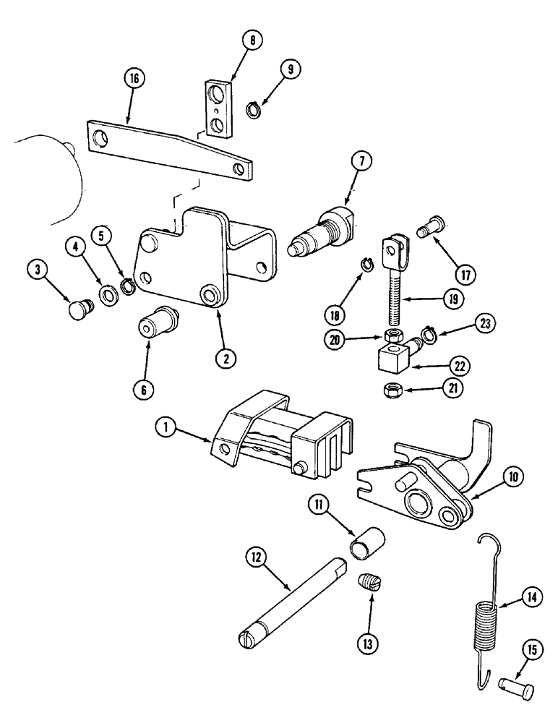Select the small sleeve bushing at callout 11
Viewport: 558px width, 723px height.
tap(367, 544)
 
